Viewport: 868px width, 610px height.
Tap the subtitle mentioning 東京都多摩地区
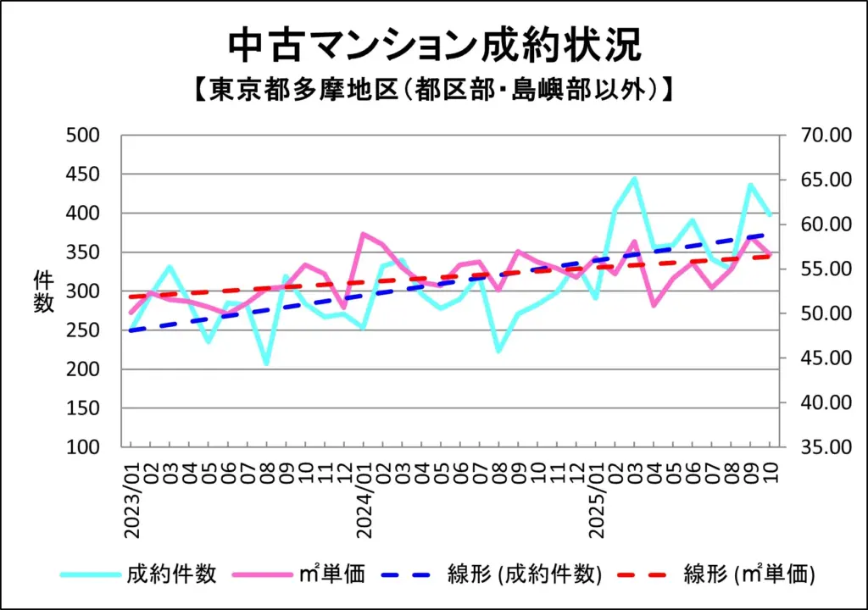[x=434, y=88]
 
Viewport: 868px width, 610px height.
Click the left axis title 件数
[x=43, y=291]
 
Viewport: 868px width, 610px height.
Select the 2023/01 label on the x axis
[x=133, y=502]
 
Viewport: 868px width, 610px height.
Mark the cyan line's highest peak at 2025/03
[x=634, y=179]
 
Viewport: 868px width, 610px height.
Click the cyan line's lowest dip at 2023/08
[x=266, y=364]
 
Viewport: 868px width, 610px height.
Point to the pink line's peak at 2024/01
[x=364, y=234]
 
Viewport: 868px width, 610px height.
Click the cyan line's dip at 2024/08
[x=498, y=351]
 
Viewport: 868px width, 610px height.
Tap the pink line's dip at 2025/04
[x=654, y=305]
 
